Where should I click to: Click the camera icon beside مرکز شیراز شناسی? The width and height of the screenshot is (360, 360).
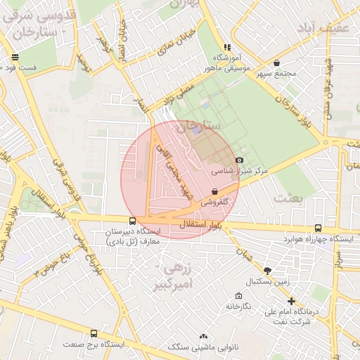click(240, 160)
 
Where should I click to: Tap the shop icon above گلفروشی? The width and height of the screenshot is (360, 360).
click(214, 191)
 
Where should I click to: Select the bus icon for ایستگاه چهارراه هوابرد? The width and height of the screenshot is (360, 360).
click(319, 229)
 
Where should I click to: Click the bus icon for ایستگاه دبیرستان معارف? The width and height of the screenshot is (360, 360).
click(133, 221)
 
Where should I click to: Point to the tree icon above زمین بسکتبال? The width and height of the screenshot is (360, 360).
click(267, 271)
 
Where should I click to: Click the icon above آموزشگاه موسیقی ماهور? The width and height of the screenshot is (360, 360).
click(227, 46)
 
